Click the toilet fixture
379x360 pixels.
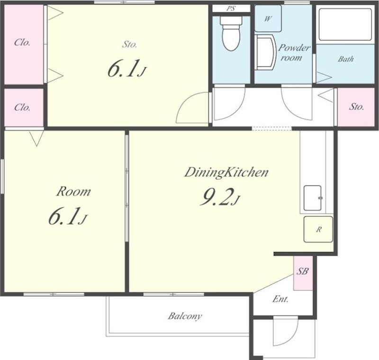[231, 33]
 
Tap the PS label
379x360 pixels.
[231, 9]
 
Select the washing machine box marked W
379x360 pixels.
[268, 18]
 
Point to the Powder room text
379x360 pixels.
[294, 53]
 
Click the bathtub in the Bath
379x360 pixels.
[345, 25]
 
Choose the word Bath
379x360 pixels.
[346, 59]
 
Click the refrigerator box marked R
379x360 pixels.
[318, 229]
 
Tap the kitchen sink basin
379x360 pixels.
[313, 198]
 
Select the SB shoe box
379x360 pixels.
[303, 273]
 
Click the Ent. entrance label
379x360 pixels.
[280, 299]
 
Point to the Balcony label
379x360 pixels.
[185, 316]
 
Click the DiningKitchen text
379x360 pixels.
[226, 173]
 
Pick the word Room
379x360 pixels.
[73, 192]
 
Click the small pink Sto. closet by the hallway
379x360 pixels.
[356, 107]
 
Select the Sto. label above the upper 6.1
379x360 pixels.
[129, 44]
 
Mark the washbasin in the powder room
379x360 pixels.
[265, 52]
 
